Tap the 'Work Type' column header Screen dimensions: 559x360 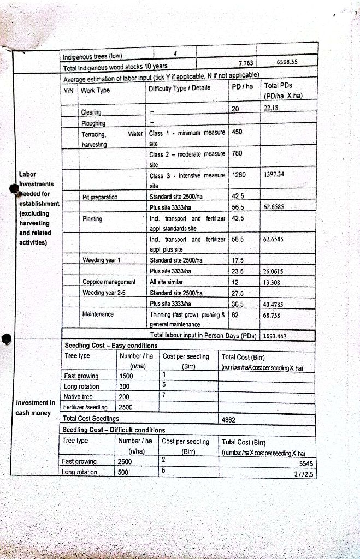pos(96,90)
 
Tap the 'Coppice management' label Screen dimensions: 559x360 pos(109,282)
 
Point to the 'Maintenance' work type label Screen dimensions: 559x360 pos(98,314)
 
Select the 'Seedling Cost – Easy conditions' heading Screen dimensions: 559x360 pos(111,346)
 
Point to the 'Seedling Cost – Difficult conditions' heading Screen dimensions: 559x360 pos(115,430)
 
